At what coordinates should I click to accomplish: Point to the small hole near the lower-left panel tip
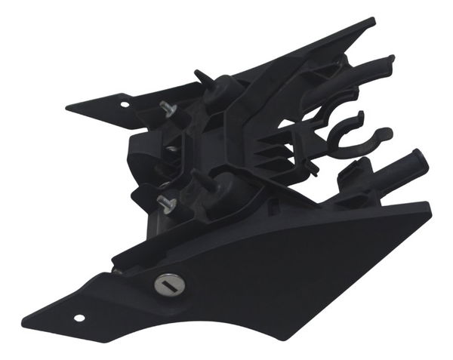tap(79, 317)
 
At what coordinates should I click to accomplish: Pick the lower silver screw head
tap(165, 202)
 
